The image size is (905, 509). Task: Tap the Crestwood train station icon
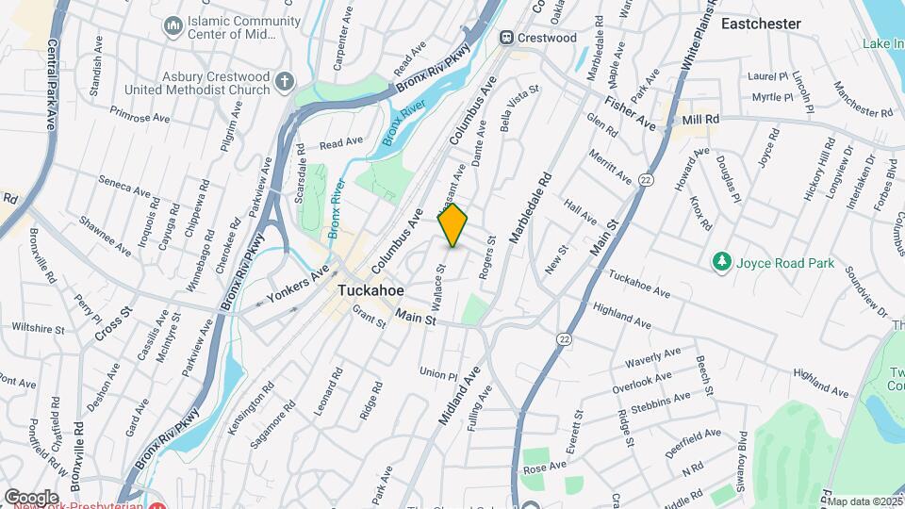coord(508,38)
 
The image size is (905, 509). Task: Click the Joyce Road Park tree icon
coord(722,261)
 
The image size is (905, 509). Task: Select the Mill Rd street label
coord(700,120)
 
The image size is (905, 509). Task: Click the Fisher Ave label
coord(630,112)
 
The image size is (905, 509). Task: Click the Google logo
coord(31,497)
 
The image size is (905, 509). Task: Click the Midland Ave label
coord(456,393)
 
